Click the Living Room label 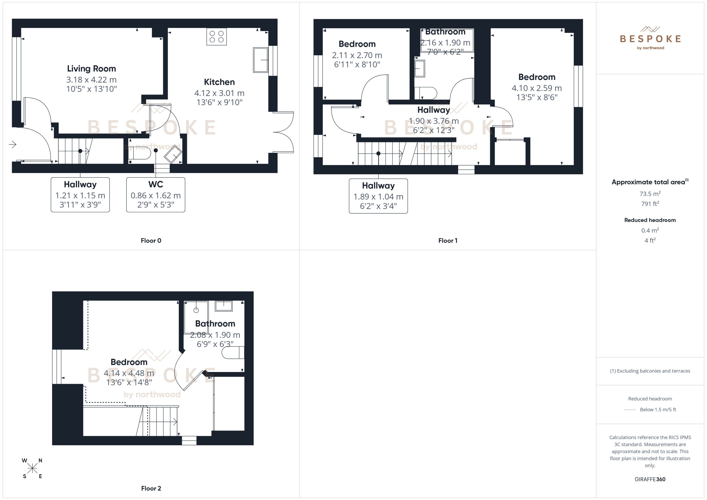92,69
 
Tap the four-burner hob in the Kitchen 217,37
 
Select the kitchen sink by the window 260,60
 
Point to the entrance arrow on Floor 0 13,144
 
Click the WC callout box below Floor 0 156,195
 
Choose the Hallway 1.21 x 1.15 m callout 80,195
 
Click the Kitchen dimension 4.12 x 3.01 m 219,93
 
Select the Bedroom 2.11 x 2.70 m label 357,44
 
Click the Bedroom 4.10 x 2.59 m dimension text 537,88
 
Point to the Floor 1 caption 448,240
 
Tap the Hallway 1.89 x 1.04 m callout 378,196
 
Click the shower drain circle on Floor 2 196,310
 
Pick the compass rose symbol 32,468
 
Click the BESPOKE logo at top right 650,39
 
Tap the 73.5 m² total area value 650,194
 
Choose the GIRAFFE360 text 650,479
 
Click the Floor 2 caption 151,488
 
